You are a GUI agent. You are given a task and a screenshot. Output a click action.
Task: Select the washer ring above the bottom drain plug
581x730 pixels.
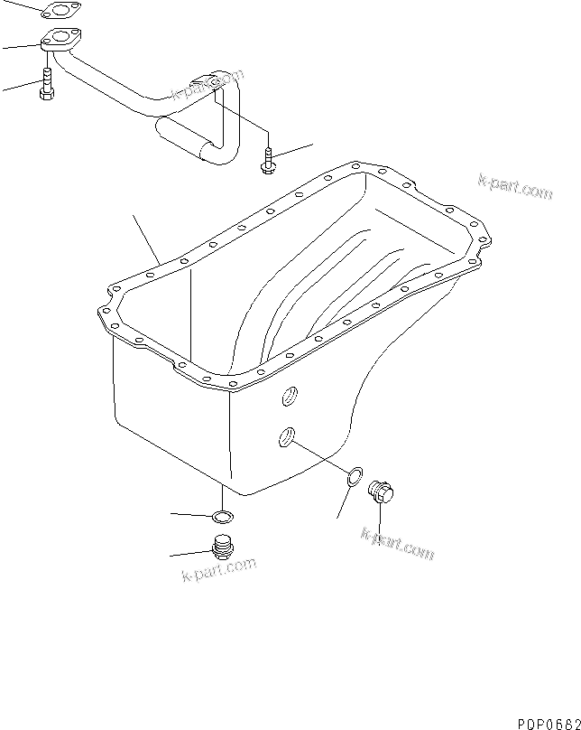pyautogui.click(x=220, y=518)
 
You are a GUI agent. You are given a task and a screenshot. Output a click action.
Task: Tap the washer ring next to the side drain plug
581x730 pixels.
pyautogui.click(x=355, y=476)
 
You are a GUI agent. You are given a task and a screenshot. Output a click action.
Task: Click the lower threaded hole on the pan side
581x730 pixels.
pyautogui.click(x=285, y=437)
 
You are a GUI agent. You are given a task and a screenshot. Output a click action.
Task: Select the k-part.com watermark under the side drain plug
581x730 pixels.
pyautogui.click(x=397, y=542)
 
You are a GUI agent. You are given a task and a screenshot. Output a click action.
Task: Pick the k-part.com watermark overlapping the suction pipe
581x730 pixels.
pyautogui.click(x=207, y=86)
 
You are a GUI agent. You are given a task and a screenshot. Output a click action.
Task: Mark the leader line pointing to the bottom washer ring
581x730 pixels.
pyautogui.click(x=191, y=515)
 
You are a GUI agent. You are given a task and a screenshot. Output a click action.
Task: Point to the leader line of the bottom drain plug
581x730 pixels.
pyautogui.click(x=189, y=553)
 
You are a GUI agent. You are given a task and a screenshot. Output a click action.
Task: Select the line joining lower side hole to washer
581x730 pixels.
pyautogui.click(x=320, y=456)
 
